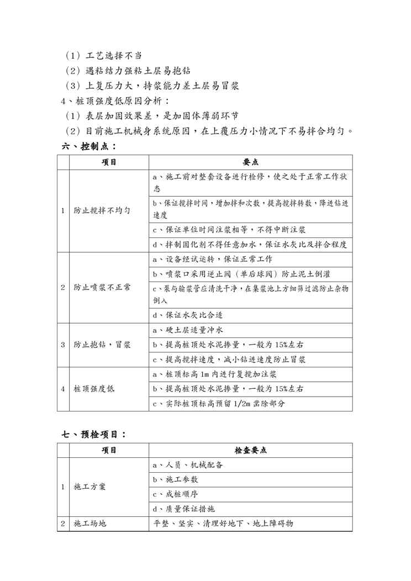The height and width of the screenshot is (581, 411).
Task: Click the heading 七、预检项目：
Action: coord(94,434)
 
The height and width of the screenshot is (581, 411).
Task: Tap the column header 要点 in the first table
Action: coord(250,162)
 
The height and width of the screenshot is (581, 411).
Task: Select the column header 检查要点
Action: coord(250,451)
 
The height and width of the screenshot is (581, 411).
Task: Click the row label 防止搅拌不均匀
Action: coord(102,210)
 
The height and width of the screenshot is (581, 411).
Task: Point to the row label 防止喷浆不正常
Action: coord(102,287)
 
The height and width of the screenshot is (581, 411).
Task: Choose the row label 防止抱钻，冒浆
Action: coord(102,345)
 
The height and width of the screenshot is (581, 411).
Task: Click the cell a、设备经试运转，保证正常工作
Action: coord(212,258)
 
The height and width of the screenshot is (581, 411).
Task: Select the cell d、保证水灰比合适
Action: coord(188,315)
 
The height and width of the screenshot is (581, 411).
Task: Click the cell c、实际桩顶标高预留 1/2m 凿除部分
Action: coord(219,404)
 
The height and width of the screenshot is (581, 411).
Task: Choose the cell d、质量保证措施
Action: coord(183,509)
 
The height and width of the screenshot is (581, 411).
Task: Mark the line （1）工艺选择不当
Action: coord(103,56)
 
